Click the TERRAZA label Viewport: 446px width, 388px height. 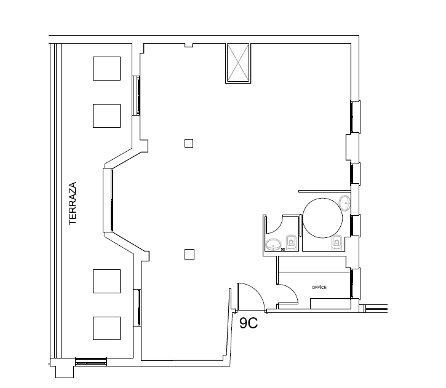coord(73,204)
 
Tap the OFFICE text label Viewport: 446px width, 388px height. coord(319,287)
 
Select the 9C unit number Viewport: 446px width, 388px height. coord(249,323)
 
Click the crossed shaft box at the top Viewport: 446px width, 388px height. coord(238,63)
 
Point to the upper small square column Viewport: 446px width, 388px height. coord(189,143)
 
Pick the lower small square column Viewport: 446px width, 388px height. coord(189,255)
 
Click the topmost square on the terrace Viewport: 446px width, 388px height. coord(106,68)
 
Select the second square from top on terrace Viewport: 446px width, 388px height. coord(106,116)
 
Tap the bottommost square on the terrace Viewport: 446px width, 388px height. coord(106,328)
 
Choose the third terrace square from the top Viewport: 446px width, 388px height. coord(106,281)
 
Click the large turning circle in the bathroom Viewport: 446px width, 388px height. coord(322,198)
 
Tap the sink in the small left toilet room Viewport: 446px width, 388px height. coord(273,245)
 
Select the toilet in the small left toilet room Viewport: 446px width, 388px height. coord(291,242)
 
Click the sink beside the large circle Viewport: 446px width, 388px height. coord(345,204)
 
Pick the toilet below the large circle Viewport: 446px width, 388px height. coord(336,243)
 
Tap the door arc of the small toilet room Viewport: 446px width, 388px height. coord(279,228)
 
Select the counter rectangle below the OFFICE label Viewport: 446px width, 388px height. coord(330,304)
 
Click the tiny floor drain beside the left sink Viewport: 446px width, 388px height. coord(283,250)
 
